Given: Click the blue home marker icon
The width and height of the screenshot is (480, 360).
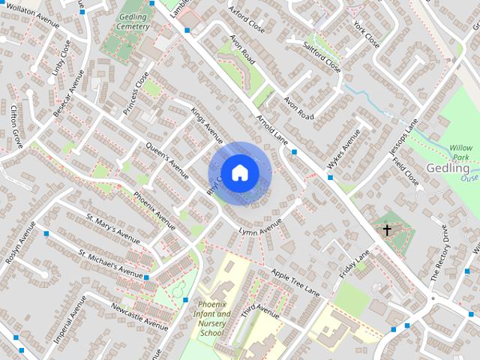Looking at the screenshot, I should pyautogui.click(x=239, y=173).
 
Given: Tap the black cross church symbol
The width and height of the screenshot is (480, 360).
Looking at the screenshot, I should pyautogui.click(x=387, y=230).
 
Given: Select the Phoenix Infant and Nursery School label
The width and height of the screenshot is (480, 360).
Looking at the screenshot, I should pyautogui.click(x=211, y=318).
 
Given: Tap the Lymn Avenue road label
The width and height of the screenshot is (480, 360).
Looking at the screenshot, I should pyautogui.click(x=259, y=227).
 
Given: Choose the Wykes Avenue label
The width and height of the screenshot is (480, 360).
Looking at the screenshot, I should pyautogui.click(x=343, y=148).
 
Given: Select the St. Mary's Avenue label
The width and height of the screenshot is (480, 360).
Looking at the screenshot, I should pyautogui.click(x=112, y=229).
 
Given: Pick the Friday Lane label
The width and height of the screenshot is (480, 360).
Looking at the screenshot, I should pyautogui.click(x=354, y=265).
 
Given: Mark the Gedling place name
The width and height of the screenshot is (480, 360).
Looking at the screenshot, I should pyautogui.click(x=448, y=168).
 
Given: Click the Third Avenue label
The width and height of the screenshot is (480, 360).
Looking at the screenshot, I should pyautogui.click(x=259, y=312).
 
